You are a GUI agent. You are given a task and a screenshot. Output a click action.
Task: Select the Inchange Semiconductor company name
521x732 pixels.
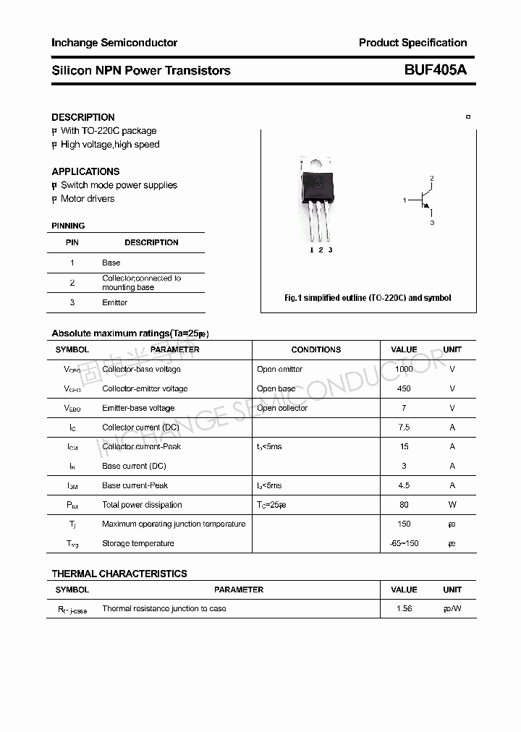[114, 43]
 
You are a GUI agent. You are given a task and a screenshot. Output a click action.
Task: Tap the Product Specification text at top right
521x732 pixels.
[412, 43]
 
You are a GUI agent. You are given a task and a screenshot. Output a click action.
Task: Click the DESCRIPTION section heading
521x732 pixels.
[83, 117]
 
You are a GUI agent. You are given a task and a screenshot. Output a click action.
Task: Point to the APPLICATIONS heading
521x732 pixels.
[85, 171]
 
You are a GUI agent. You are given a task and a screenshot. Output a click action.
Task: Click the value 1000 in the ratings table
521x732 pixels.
[404, 369]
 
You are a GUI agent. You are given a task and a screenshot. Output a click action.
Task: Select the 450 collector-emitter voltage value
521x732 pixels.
[404, 388]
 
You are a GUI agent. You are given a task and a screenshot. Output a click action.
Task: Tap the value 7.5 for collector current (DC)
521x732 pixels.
[404, 427]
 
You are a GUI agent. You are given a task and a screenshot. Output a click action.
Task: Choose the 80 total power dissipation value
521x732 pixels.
[404, 505]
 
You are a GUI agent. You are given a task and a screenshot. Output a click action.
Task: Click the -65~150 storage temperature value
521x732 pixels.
[404, 543]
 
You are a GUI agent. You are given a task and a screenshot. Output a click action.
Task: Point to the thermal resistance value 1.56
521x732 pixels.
[404, 608]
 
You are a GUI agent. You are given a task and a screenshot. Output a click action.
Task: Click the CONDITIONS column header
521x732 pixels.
[316, 349]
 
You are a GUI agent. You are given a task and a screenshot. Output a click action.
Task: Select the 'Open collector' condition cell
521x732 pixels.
[282, 408]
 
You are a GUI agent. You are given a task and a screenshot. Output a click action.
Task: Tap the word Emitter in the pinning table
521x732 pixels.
[114, 302]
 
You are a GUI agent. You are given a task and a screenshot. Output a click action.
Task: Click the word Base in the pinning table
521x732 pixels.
[111, 263]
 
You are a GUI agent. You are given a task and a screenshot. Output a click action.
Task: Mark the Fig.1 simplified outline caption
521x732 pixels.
[368, 298]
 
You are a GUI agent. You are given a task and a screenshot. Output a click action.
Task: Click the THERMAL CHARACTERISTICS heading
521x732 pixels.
[119, 574]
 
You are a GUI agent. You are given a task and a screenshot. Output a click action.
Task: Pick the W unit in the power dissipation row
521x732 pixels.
[452, 505]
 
